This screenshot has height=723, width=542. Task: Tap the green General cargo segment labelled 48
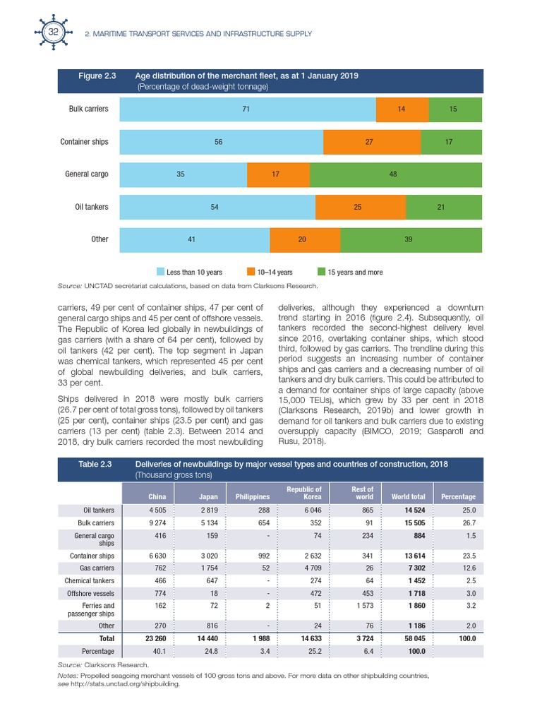click(x=396, y=174)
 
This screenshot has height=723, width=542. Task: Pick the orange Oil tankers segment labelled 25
click(x=360, y=207)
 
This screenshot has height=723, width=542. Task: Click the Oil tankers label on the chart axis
click(x=92, y=207)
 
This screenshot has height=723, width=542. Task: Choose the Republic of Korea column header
click(x=304, y=493)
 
